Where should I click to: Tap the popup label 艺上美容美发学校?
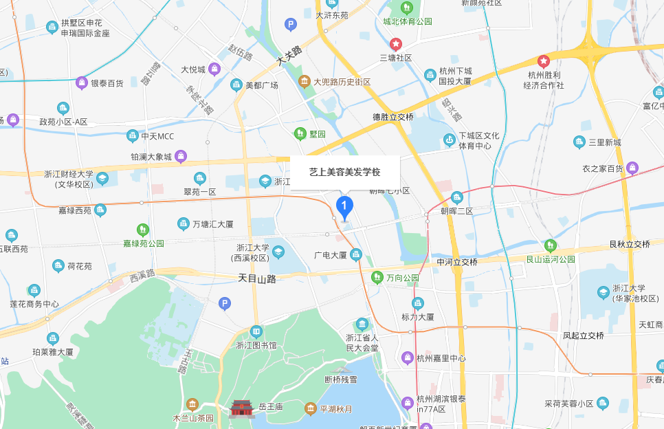[x=344, y=172]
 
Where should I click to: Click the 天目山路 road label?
[x=256, y=278]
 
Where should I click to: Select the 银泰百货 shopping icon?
[x=82, y=82]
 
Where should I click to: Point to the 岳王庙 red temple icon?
[x=242, y=408]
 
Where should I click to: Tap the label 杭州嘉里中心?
[x=441, y=358]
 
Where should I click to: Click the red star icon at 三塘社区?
[x=396, y=43]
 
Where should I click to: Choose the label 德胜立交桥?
[x=393, y=117]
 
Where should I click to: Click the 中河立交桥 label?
[x=457, y=262]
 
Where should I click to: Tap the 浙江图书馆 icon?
[x=256, y=331]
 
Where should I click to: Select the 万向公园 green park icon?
[x=377, y=278]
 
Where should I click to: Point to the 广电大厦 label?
[x=331, y=255]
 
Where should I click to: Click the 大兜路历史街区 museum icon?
[x=304, y=82]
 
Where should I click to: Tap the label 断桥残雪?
[x=341, y=379]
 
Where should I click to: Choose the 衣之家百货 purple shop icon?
[x=632, y=168]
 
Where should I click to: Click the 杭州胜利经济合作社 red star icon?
[x=544, y=61]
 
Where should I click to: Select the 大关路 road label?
[x=289, y=55]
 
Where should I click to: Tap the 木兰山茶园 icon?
[x=192, y=404]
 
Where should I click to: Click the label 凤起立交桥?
[x=583, y=335]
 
